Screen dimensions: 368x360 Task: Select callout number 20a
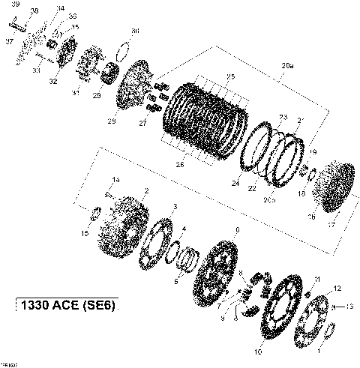[x=287, y=65]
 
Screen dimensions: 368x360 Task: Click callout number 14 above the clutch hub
[x=115, y=179]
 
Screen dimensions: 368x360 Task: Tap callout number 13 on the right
[x=350, y=307]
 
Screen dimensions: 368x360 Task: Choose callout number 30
[x=135, y=31]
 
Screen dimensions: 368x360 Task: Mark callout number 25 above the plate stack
[x=231, y=77]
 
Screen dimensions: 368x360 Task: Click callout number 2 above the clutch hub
[x=145, y=191]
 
